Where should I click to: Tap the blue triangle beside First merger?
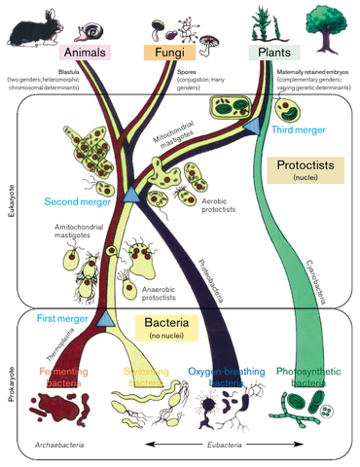pyautogui.click(x=106, y=319)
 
